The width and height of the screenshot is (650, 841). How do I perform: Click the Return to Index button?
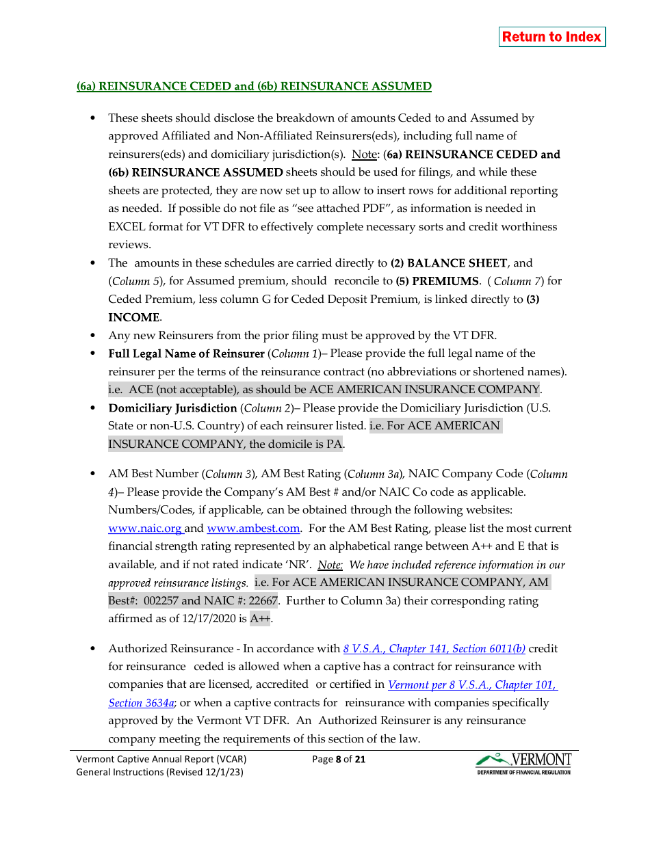point(551,37)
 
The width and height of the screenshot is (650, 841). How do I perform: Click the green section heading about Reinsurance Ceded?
point(254,86)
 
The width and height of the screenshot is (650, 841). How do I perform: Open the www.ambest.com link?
point(253,529)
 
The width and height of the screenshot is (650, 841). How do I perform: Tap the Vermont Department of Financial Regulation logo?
point(523,764)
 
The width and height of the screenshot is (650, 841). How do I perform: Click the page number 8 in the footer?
point(338,759)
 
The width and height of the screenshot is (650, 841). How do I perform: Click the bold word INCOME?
point(135,318)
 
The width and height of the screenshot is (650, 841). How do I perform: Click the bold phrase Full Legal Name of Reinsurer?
point(186,353)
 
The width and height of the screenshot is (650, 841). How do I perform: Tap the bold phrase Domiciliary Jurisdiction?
point(172,408)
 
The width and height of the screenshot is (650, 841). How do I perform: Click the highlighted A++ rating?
point(260,619)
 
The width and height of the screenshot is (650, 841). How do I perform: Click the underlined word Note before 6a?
point(364,155)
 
